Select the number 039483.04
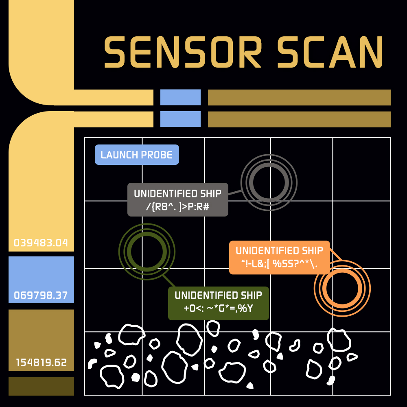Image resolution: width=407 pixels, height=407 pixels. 41,243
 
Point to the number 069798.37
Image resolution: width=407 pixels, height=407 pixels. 41,295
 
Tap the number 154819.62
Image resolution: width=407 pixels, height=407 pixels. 41,362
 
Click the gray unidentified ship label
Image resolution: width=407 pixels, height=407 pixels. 178,199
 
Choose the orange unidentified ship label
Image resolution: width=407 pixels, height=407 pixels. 279,257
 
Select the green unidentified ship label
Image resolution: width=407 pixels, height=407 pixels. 219,303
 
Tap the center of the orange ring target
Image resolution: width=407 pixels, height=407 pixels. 342,288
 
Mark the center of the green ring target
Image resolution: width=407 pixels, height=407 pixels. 147,251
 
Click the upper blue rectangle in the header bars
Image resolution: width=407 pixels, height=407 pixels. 180,97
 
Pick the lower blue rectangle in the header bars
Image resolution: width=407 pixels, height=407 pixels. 180,119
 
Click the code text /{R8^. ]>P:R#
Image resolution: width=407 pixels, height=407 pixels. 177,206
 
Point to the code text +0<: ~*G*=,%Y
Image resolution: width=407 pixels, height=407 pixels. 218,309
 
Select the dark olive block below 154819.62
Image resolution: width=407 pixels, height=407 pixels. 41,386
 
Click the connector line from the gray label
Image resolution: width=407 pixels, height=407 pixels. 235,192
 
